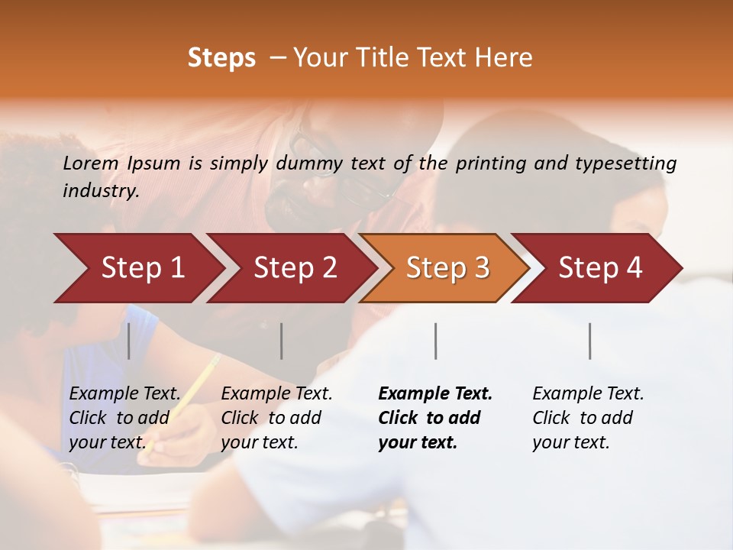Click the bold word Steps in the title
coord(221,58)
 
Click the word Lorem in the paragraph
coord(90,163)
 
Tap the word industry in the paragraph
coord(100,191)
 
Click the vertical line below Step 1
coord(128,341)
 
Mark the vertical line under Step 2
coord(282,341)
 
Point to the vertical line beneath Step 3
coord(435,341)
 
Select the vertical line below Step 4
coord(589,341)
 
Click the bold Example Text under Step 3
coord(435,393)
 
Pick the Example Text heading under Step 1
coord(124,393)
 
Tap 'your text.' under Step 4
coord(570,442)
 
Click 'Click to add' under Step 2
coord(271,418)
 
